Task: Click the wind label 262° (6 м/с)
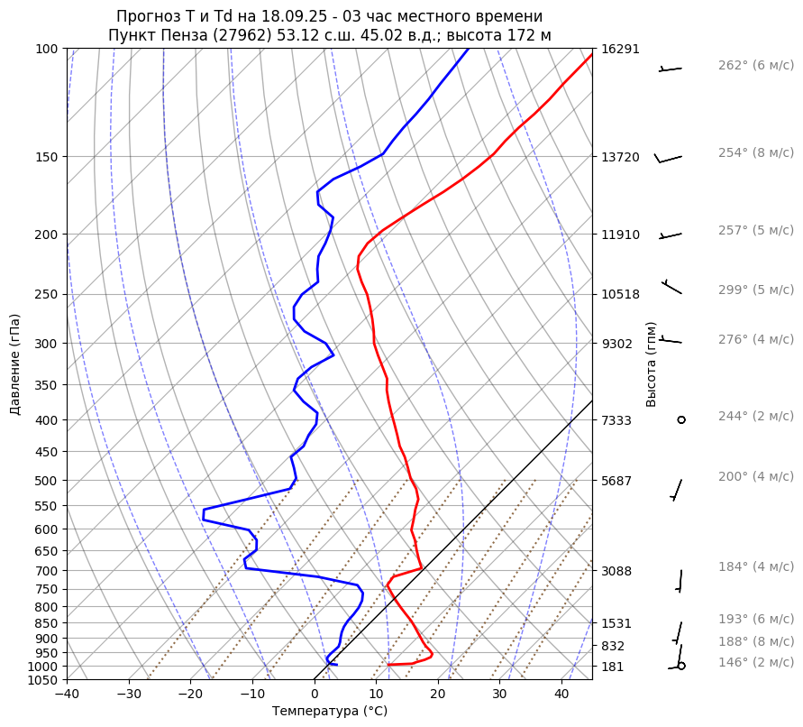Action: (755, 66)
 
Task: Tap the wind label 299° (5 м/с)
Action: (755, 290)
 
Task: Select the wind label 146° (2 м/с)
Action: (755, 663)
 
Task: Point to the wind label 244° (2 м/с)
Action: (755, 416)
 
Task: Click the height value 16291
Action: (620, 49)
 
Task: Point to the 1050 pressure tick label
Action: (43, 680)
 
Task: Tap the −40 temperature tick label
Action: (67, 695)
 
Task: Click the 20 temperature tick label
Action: (438, 695)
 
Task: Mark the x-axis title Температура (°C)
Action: (330, 712)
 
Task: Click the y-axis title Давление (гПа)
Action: (15, 364)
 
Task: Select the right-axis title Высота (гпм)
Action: (652, 364)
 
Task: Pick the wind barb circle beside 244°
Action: (681, 419)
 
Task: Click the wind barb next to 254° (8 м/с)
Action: (668, 158)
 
